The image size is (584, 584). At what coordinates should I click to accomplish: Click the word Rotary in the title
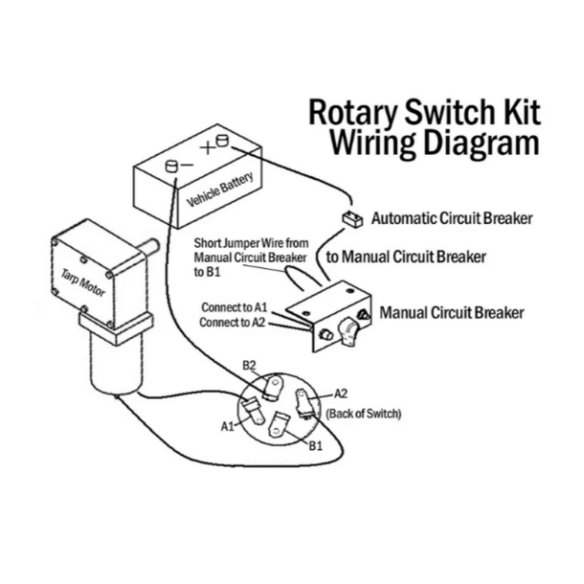click(353, 114)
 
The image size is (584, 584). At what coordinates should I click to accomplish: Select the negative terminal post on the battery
click(172, 166)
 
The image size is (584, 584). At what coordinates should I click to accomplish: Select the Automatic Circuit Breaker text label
click(452, 218)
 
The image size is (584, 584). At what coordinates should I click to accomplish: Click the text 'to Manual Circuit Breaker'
click(405, 257)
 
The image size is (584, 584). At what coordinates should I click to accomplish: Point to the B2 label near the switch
click(249, 364)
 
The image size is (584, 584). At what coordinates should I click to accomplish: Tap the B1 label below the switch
click(315, 445)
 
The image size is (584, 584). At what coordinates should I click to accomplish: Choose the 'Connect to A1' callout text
click(235, 307)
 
